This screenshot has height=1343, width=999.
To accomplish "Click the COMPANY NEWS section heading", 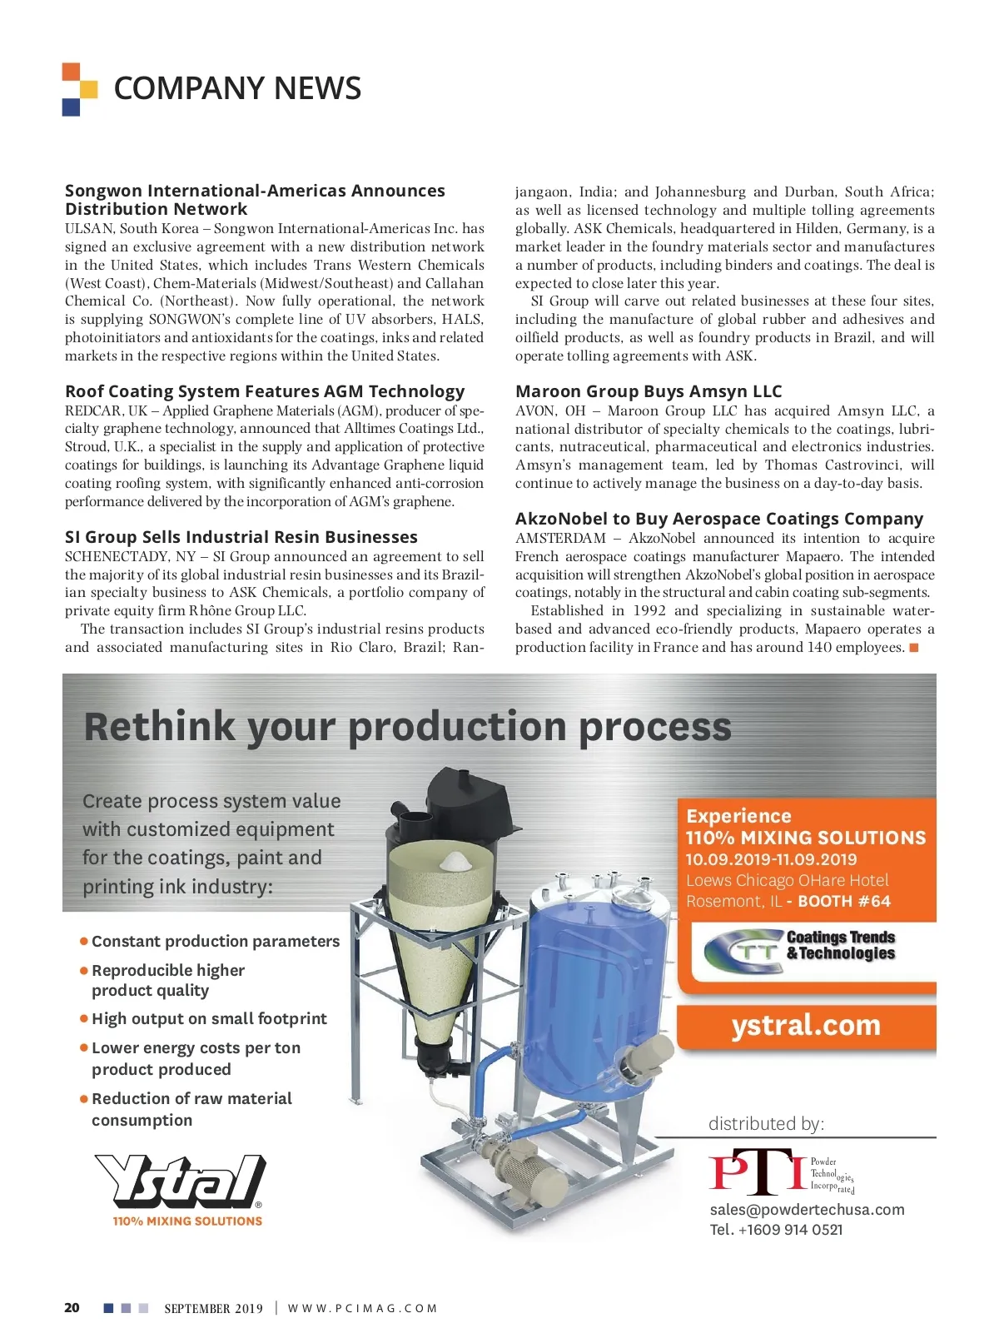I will click(x=237, y=88).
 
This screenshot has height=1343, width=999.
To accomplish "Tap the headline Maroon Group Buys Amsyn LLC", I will click(x=649, y=391).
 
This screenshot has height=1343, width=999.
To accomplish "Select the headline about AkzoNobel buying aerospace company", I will click(x=718, y=519).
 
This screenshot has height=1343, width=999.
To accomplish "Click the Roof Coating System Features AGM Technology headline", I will click(x=265, y=391).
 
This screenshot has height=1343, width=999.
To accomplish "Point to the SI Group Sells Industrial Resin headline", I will click(x=241, y=537).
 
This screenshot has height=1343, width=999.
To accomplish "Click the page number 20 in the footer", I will click(x=72, y=1307).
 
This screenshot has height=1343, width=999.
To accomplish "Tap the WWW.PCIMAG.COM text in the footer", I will click(x=362, y=1308).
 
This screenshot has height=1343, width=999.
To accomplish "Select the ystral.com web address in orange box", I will click(x=806, y=1025).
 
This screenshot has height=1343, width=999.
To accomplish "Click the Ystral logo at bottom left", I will click(x=180, y=1182).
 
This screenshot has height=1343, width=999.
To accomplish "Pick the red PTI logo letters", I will click(x=756, y=1171).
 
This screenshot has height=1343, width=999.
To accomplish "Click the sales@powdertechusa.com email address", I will click(x=807, y=1210).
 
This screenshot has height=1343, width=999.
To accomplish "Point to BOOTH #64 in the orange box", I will click(x=843, y=901).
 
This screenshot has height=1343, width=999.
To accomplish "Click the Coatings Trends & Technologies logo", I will click(x=800, y=948).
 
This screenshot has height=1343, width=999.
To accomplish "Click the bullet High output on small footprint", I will click(x=209, y=1018).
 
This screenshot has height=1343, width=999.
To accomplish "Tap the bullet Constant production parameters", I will click(x=215, y=941).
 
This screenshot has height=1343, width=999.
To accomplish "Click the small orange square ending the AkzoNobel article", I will click(x=914, y=648).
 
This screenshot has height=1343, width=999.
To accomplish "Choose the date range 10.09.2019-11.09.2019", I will click(x=771, y=859).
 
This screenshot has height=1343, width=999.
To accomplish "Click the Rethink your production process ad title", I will click(x=407, y=726).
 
